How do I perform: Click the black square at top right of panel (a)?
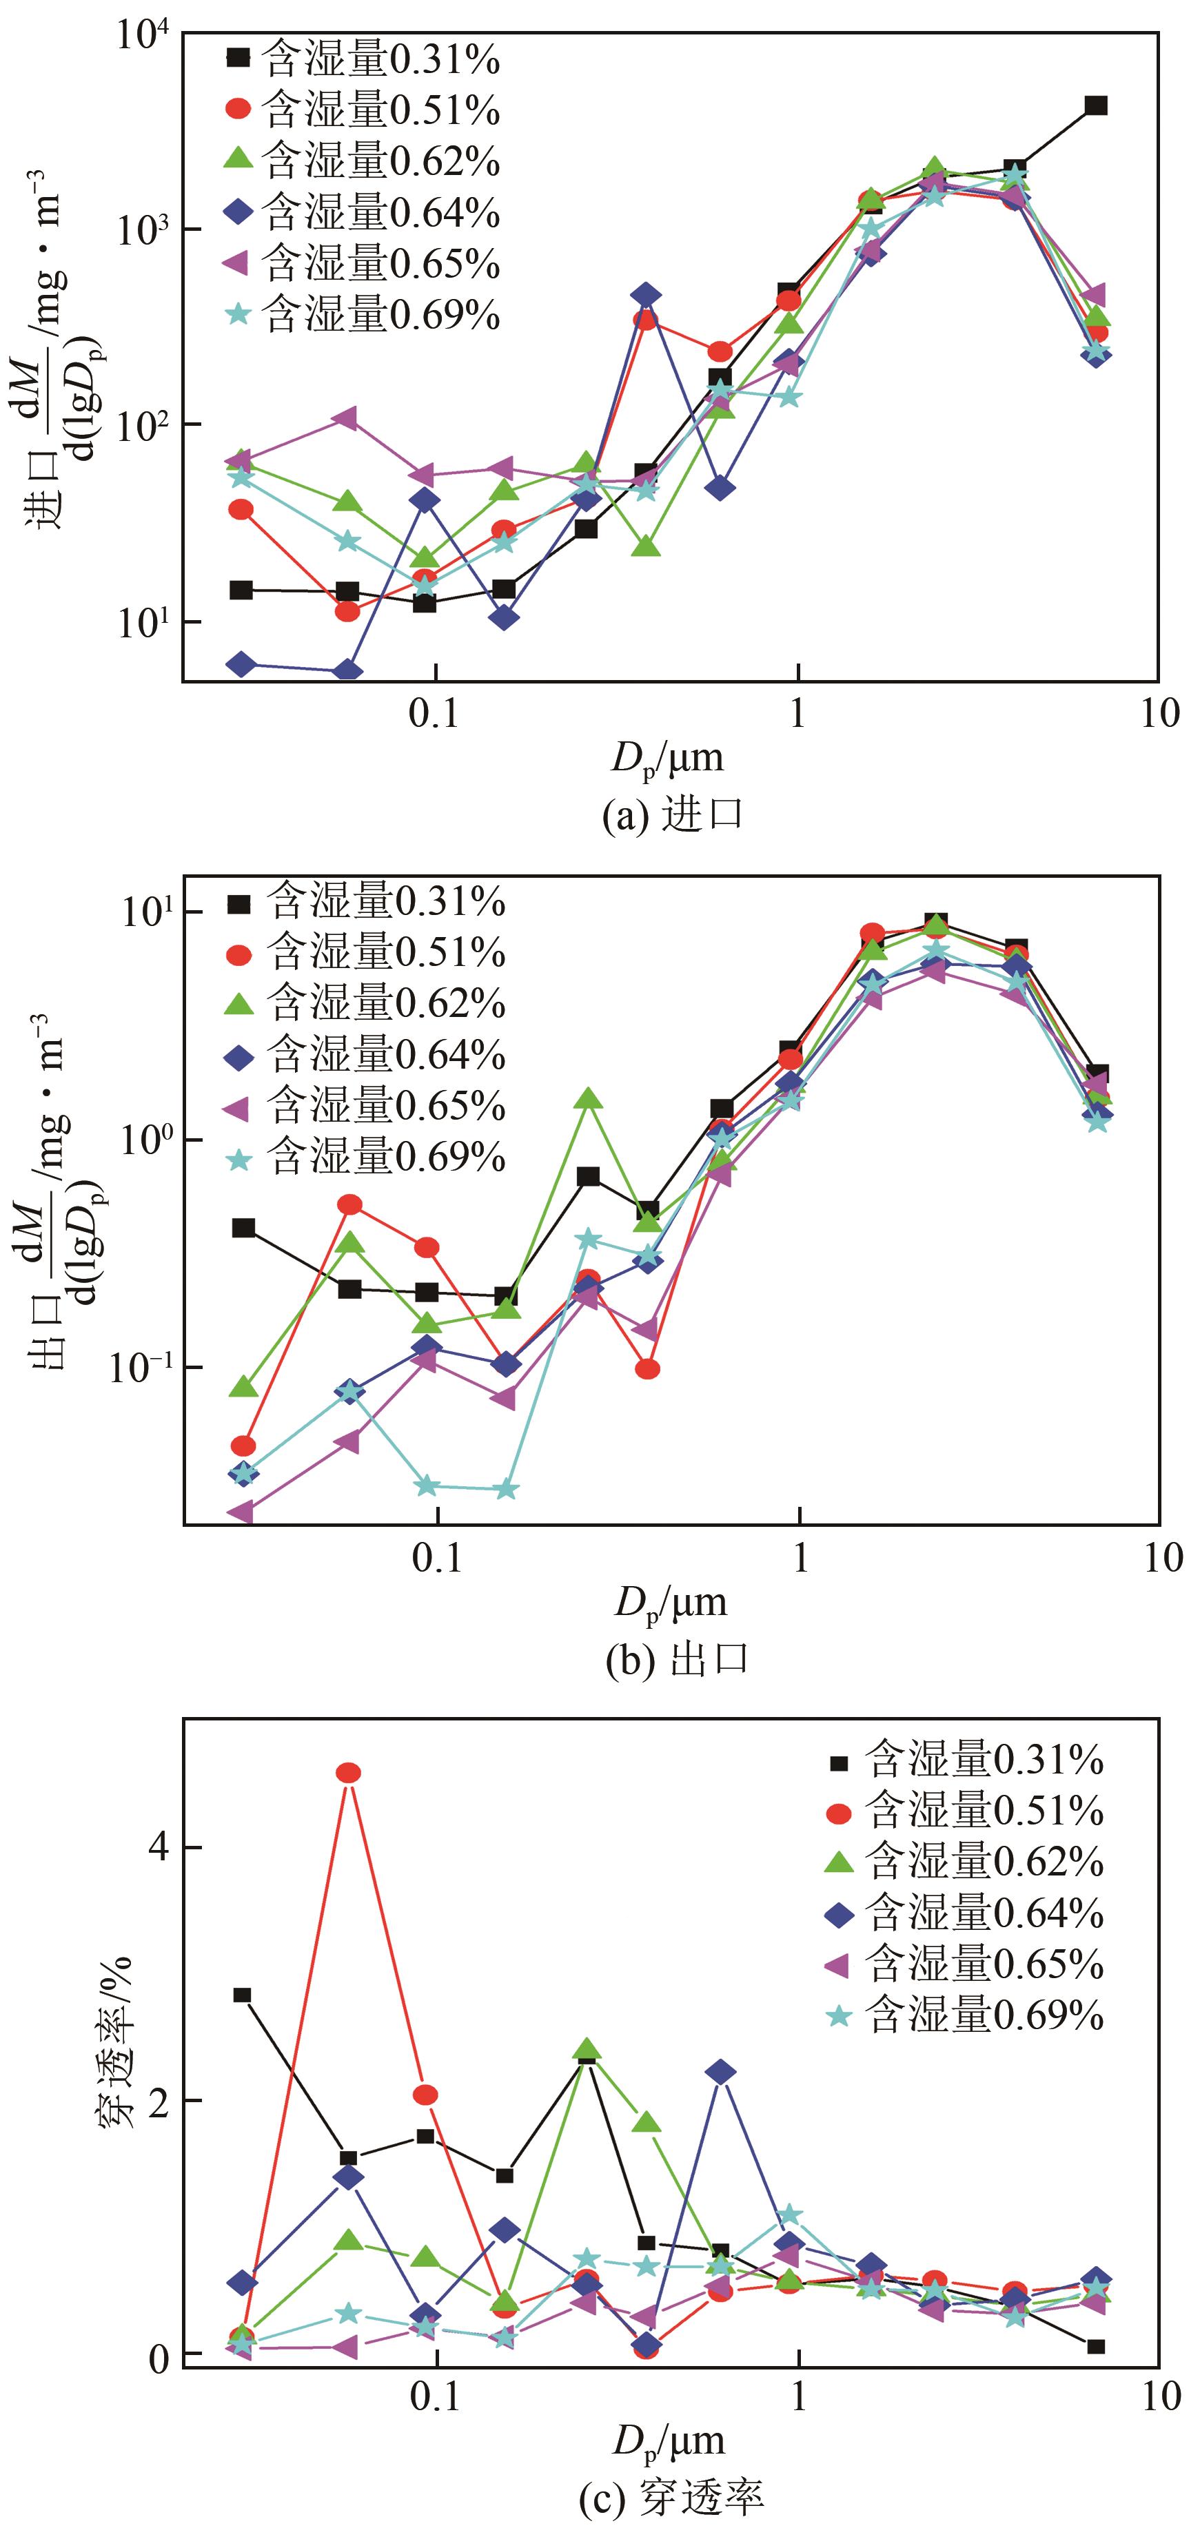(x=1095, y=105)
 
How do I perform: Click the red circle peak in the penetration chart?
(x=348, y=1773)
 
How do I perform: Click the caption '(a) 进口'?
(x=673, y=816)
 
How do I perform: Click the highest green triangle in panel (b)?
(x=589, y=1099)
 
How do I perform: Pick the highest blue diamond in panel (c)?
(x=721, y=2073)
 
